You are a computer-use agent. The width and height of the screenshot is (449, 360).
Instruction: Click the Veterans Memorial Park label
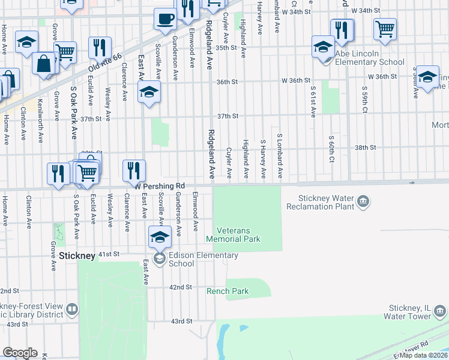[x=233, y=235]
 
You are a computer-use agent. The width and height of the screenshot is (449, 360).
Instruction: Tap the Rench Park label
[x=228, y=292]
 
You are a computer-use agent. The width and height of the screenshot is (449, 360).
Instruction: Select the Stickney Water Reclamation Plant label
[x=328, y=203]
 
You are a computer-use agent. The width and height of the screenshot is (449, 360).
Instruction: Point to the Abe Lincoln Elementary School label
[x=370, y=62]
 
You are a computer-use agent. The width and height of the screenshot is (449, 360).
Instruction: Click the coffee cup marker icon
[x=164, y=18]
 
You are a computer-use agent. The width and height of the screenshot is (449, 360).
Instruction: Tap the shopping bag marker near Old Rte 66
[x=44, y=64]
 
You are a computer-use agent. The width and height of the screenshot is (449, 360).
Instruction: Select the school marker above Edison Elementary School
[x=159, y=236]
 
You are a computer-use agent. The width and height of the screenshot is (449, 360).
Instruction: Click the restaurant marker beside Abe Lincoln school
[x=342, y=29]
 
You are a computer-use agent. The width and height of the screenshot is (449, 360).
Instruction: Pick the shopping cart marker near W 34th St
[x=384, y=28]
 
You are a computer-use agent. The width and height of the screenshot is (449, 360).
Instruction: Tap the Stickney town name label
[x=77, y=256]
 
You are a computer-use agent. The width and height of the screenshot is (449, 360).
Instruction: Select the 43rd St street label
[x=181, y=322]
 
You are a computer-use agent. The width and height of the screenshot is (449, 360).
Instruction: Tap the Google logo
[x=20, y=353]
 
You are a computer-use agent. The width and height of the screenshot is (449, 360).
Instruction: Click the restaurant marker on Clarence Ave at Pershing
[x=134, y=170]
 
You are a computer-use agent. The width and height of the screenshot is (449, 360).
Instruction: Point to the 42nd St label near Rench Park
[x=180, y=287]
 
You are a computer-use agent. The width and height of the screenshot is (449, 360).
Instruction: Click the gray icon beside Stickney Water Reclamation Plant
[x=363, y=202]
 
